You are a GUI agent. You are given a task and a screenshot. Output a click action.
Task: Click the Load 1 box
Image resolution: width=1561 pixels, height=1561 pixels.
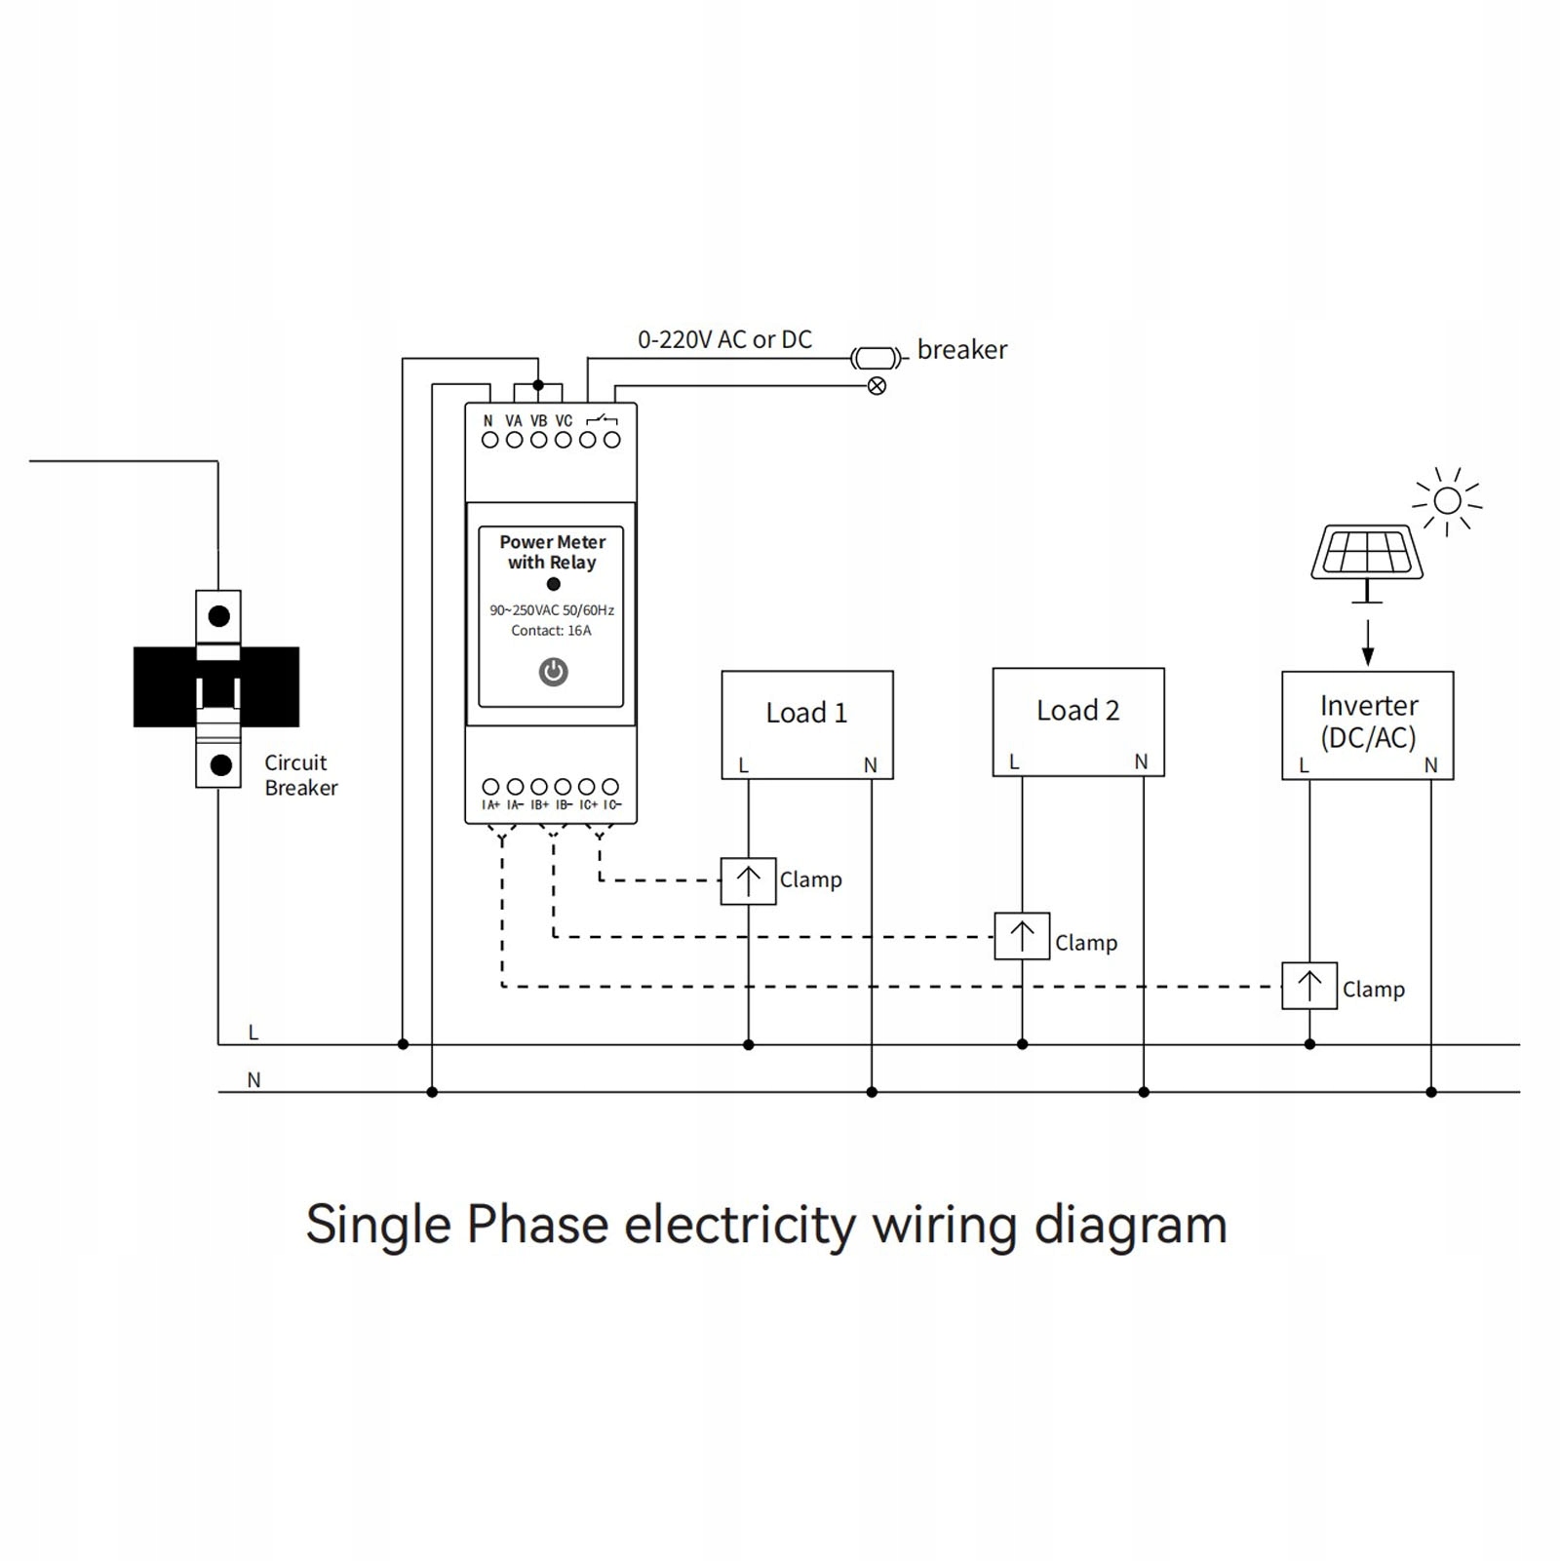pyautogui.click(x=806, y=724)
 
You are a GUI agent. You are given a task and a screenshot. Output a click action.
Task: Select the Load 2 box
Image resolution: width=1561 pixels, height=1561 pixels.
pyautogui.click(x=1077, y=722)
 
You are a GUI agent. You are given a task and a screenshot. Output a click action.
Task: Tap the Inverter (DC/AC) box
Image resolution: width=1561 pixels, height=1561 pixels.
pyautogui.click(x=1367, y=724)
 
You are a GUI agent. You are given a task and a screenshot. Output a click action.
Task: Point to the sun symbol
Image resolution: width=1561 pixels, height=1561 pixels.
pyautogui.click(x=1448, y=501)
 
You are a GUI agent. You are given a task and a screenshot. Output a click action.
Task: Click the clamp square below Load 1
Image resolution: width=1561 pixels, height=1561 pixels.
pyautogui.click(x=748, y=880)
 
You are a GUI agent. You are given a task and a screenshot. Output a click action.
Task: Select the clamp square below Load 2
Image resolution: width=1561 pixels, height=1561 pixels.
pyautogui.click(x=1022, y=936)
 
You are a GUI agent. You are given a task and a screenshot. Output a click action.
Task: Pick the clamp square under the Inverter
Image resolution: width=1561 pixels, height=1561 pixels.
pyautogui.click(x=1308, y=986)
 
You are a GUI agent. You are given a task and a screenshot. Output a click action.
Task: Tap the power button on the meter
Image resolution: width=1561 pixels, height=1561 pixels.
pyautogui.click(x=553, y=672)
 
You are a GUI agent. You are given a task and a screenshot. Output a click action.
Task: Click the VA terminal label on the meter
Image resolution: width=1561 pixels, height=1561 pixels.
pyautogui.click(x=514, y=421)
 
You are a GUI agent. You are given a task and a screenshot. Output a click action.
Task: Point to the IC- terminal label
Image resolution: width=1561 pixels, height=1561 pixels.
pyautogui.click(x=611, y=805)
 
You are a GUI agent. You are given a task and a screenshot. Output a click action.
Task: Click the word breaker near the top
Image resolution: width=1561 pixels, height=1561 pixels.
pyautogui.click(x=961, y=349)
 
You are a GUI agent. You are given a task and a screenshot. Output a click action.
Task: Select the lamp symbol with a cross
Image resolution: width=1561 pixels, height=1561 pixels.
pyautogui.click(x=877, y=386)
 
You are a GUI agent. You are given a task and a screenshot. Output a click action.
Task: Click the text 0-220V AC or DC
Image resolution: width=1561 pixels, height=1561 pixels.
pyautogui.click(x=724, y=339)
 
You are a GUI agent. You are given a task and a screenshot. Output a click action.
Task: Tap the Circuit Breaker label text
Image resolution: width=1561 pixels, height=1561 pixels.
pyautogui.click(x=300, y=775)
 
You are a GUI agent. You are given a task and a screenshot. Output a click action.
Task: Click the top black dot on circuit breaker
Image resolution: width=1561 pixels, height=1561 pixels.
pyautogui.click(x=219, y=616)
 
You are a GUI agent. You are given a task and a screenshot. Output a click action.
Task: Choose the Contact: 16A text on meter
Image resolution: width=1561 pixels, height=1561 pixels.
pyautogui.click(x=551, y=631)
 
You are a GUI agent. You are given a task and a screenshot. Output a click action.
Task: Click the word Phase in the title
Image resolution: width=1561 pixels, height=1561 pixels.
pyautogui.click(x=537, y=1225)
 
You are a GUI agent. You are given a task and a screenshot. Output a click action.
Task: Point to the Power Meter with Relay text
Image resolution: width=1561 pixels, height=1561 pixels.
pyautogui.click(x=552, y=552)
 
